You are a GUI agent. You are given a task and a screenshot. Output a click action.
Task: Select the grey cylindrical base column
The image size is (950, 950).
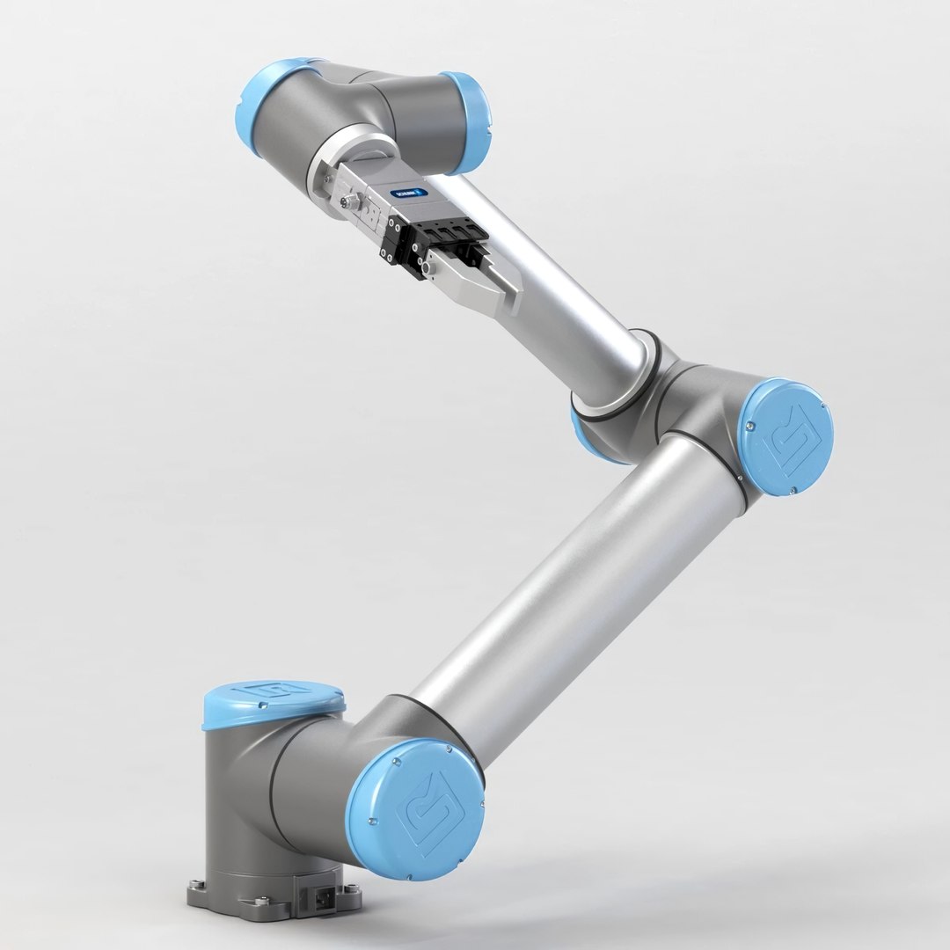[242, 792]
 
